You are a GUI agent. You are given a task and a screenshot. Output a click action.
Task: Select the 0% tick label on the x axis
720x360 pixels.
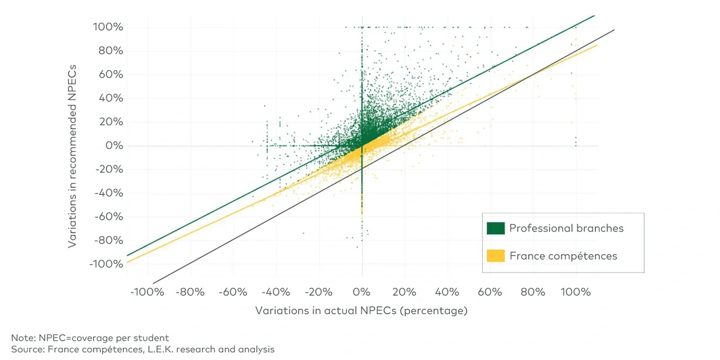click(x=362, y=292)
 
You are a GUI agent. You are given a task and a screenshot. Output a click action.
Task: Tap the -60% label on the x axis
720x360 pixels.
click(x=233, y=292)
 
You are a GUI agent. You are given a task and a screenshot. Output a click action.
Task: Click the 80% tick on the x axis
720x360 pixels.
click(x=533, y=292)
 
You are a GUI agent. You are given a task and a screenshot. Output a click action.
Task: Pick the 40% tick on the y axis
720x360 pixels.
click(x=110, y=99)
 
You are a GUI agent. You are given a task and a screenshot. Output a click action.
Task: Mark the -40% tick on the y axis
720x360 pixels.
click(x=108, y=193)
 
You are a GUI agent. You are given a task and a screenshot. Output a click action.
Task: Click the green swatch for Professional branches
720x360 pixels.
click(x=496, y=228)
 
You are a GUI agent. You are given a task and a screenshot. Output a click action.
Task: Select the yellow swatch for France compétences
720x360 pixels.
click(x=496, y=256)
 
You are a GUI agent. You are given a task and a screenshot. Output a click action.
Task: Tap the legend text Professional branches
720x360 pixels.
click(x=566, y=228)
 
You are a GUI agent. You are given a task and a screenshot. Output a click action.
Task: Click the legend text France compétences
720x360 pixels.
click(x=563, y=256)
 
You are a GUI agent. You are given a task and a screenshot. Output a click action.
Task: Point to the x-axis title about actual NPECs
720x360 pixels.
click(x=361, y=311)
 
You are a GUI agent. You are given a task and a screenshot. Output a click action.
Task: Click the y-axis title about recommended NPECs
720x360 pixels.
click(x=73, y=157)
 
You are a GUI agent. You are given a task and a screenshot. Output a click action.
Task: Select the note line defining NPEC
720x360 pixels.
click(x=90, y=338)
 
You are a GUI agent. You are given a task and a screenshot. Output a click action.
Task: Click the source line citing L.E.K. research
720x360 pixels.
click(x=142, y=349)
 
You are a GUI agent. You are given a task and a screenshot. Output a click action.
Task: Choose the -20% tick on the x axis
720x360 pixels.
click(x=319, y=292)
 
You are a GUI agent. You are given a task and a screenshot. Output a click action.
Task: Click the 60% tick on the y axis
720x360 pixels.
click(x=110, y=75)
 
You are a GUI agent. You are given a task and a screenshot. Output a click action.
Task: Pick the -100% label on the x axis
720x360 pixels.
click(x=147, y=292)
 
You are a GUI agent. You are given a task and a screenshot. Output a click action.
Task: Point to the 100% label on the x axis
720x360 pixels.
click(x=575, y=292)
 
